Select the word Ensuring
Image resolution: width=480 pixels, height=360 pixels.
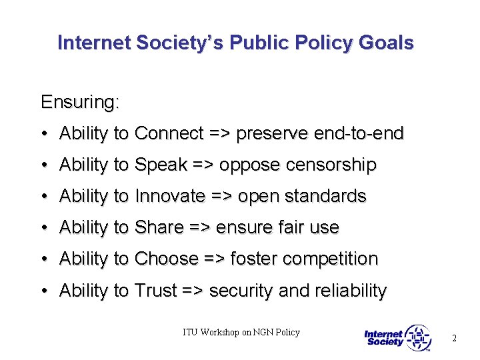click(x=80, y=103)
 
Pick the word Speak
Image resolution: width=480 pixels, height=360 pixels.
click(x=161, y=165)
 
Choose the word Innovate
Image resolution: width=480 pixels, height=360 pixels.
click(x=170, y=196)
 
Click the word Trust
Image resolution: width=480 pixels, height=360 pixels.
click(x=155, y=291)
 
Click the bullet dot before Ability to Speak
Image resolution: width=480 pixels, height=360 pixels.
click(x=43, y=165)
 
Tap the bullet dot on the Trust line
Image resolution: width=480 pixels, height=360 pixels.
click(x=43, y=291)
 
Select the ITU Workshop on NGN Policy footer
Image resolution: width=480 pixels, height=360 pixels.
click(x=241, y=332)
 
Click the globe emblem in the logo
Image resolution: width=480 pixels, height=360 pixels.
click(x=419, y=338)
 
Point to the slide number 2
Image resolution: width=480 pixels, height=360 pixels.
click(x=454, y=338)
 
